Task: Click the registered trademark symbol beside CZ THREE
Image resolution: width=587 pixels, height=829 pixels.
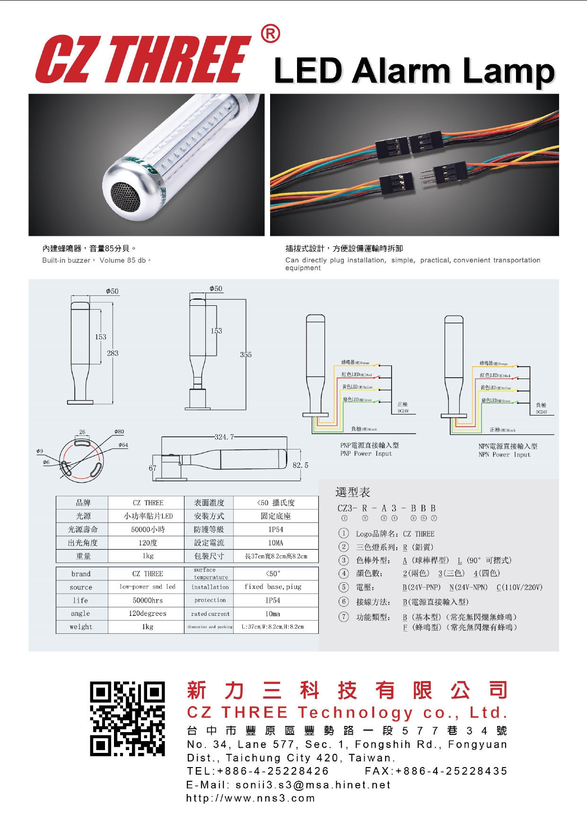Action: pos(270,34)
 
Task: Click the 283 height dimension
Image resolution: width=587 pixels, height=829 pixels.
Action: pos(113,353)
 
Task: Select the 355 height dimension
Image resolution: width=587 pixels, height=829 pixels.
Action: pos(245,354)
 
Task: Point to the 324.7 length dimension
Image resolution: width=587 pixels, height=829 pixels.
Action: pos(224,437)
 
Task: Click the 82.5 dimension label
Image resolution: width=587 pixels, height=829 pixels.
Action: pos(300,465)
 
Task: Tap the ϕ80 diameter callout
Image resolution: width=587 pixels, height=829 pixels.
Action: pos(119,432)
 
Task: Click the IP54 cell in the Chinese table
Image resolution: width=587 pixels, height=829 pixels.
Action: pos(276,529)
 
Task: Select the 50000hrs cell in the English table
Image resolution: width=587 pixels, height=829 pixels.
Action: pos(148,600)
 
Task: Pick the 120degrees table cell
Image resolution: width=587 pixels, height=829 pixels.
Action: pos(148,613)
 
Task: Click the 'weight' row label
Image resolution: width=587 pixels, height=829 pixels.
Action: pos(81,627)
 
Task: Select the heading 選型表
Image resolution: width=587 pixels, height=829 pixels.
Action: pos(352,492)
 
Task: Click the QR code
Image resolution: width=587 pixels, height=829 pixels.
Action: pos(127,718)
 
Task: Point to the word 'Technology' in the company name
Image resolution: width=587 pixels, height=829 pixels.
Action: pos(355,712)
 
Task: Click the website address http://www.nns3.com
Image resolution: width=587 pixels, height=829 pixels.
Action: pos(250,798)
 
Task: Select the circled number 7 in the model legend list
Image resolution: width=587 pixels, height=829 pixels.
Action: pos(344,617)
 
